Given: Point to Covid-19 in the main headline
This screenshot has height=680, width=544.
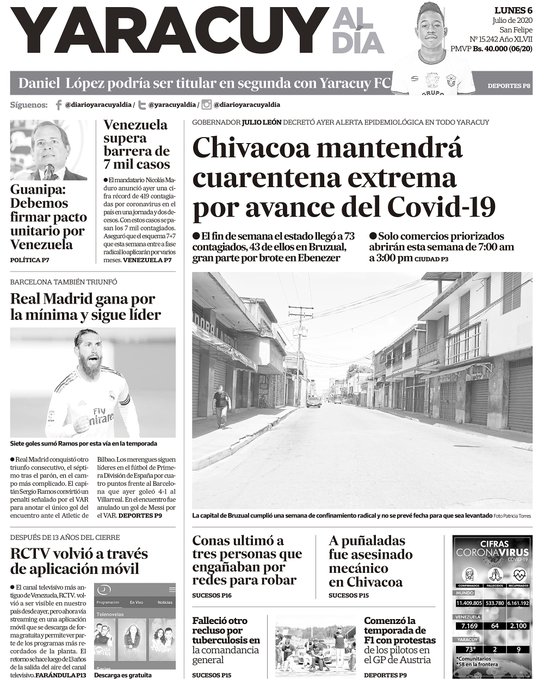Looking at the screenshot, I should click(x=439, y=207).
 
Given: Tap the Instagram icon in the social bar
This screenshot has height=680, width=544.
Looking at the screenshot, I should click(x=206, y=104).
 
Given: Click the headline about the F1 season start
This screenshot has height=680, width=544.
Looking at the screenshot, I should click(x=381, y=643).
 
